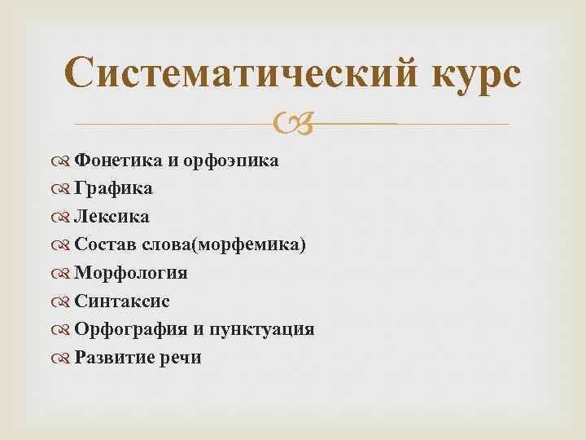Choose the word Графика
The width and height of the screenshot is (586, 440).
click(x=113, y=189)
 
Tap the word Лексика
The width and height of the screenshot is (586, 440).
click(x=112, y=217)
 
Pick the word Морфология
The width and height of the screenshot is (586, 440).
click(x=130, y=273)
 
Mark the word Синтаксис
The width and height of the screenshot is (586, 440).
click(x=121, y=301)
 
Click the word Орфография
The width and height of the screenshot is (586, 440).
click(x=131, y=329)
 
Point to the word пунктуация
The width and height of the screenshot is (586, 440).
click(x=265, y=329)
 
